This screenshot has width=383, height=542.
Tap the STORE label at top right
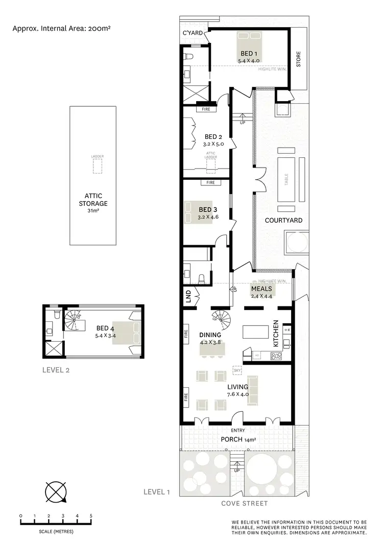[x=299, y=59]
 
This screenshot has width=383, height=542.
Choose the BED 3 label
[x=208, y=209]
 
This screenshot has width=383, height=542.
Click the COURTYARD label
[x=283, y=220]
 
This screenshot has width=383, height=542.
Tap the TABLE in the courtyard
[x=286, y=180]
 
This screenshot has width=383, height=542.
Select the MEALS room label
[x=261, y=288]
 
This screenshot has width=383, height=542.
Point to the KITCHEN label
[x=275, y=335]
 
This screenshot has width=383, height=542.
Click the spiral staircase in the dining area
[x=221, y=320]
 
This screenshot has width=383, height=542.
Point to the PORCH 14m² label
[x=238, y=439]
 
